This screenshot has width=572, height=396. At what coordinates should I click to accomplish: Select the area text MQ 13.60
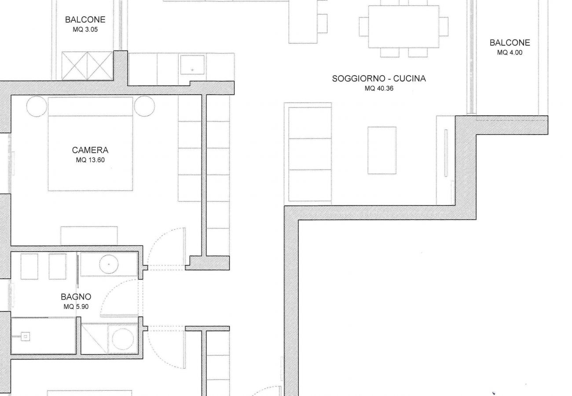(x=90, y=160)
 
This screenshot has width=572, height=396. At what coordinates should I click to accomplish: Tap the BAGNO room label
(x=76, y=297)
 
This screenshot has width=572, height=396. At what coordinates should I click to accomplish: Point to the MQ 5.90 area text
(x=76, y=307)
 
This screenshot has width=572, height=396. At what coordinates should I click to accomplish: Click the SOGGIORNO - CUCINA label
(x=379, y=79)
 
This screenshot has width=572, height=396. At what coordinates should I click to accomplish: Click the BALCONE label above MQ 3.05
(x=85, y=20)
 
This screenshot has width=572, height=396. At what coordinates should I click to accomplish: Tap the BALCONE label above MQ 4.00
(x=510, y=43)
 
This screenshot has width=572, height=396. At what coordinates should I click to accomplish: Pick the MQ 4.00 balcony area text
(x=510, y=52)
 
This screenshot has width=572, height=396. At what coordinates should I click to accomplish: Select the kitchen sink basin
(x=192, y=64)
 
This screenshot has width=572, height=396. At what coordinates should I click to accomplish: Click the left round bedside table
(x=37, y=106)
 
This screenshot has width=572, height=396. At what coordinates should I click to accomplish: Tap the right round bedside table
(x=145, y=106)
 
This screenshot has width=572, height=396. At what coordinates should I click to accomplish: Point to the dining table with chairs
(x=403, y=26)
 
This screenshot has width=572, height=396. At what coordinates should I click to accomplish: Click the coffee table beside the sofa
(x=382, y=150)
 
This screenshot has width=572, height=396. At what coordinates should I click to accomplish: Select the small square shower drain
(x=26, y=337)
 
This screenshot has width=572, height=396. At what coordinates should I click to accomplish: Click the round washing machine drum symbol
(x=123, y=339)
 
